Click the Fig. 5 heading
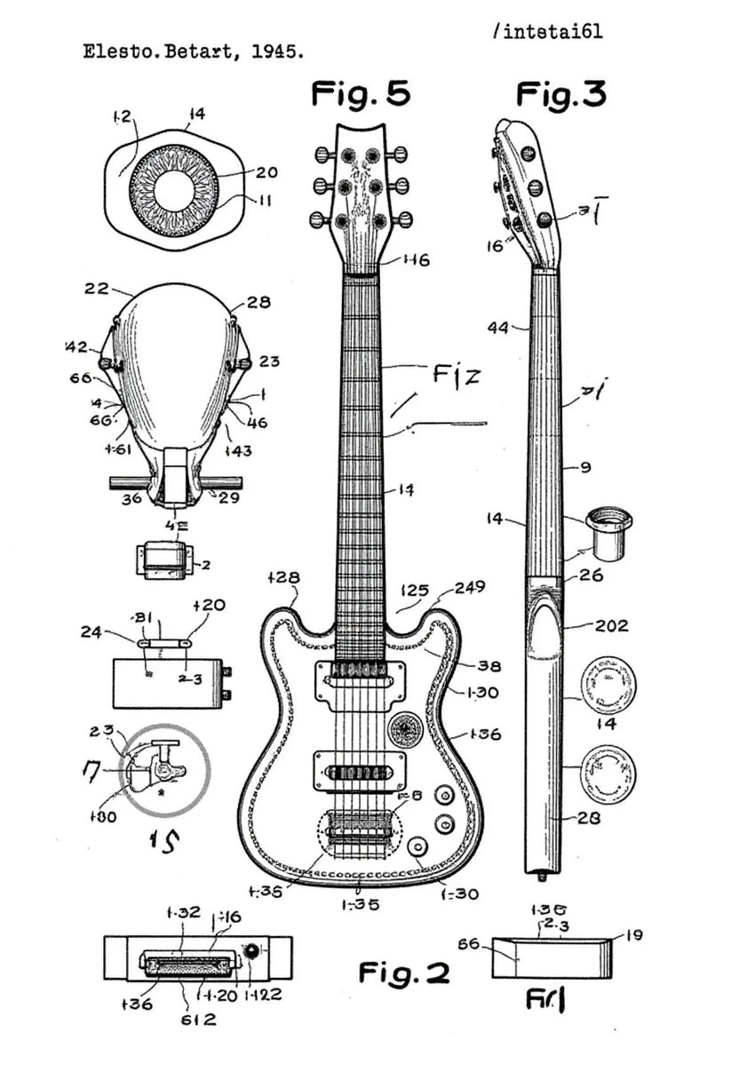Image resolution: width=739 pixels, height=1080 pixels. tap(361, 92)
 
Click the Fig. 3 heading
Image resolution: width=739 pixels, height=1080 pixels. tap(560, 92)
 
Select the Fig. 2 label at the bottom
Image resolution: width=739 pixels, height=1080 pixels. tap(404, 973)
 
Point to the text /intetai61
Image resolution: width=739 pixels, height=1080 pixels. tap(546, 32)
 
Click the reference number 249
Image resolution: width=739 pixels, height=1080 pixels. tap(469, 587)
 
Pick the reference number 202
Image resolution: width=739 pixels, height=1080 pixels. tap(610, 625)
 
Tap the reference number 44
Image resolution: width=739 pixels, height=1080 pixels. tap(498, 328)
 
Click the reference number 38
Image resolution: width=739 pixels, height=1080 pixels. tap(489, 665)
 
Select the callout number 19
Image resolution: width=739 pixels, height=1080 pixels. tap(633, 934)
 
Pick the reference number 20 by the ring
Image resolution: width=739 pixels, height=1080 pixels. tap(266, 172)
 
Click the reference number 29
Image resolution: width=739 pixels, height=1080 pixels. tap(228, 498)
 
